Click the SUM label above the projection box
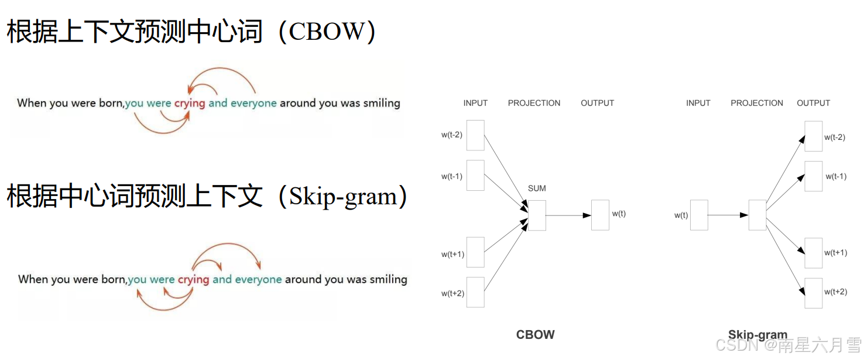537,188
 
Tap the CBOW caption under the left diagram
535,335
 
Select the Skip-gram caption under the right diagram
757,335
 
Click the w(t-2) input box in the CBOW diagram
475,135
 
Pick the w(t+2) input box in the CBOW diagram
475,292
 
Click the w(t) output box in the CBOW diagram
600,215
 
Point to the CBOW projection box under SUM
537,215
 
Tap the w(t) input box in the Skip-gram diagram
699,215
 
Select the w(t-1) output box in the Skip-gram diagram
813,176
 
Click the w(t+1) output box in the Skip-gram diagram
813,253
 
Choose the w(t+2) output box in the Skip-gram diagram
813,293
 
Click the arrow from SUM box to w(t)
568,215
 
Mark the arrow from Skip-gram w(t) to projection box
728,215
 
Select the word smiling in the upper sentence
381,104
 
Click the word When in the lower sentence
33,279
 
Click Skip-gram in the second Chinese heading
342,197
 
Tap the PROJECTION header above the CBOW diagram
534,103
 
